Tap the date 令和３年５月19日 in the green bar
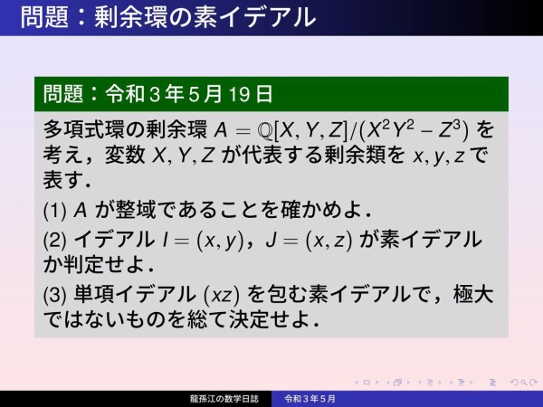(x=189, y=93)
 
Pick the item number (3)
(x=54, y=295)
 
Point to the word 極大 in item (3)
(x=470, y=295)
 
